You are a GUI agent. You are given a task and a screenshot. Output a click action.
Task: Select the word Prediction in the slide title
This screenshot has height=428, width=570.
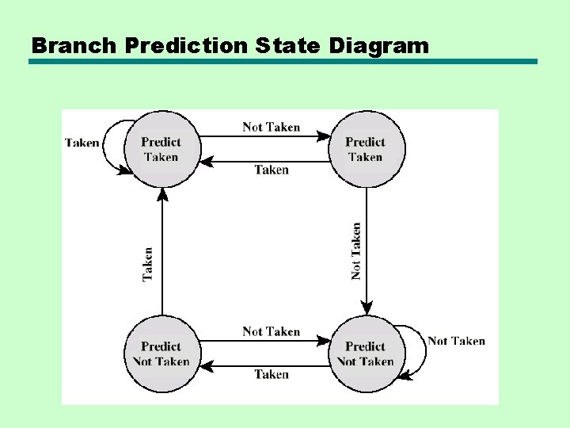pos(186,45)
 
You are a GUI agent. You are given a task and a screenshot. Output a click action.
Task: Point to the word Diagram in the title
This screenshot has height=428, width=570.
pos(379,45)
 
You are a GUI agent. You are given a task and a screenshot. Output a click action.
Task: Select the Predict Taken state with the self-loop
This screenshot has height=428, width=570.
pos(161,149)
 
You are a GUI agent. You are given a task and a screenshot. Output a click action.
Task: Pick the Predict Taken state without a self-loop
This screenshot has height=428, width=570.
pos(366,149)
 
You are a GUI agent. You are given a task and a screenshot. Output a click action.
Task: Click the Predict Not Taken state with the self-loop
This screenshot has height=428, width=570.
pos(366,353)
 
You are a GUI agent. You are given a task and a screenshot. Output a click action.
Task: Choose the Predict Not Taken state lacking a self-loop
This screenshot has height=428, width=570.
pos(161,353)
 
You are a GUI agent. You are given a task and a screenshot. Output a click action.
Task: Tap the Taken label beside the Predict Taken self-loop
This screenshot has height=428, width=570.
pos(82,143)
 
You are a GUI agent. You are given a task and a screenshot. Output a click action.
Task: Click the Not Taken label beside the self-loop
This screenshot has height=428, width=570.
pos(457,341)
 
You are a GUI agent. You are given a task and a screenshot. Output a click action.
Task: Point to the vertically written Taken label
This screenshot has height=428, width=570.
pos(147,264)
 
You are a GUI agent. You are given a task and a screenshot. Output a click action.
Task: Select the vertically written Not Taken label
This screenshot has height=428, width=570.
pos(356,250)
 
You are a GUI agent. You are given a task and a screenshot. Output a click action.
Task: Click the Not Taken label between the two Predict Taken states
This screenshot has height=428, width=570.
pos(272,127)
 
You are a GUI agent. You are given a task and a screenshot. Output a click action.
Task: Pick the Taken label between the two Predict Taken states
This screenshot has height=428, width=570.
pos(272,170)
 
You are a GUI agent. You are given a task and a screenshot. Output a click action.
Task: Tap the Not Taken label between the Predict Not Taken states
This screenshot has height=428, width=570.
pos(272,331)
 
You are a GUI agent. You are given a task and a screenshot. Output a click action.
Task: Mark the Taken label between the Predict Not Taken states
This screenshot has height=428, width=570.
pos(272,374)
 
